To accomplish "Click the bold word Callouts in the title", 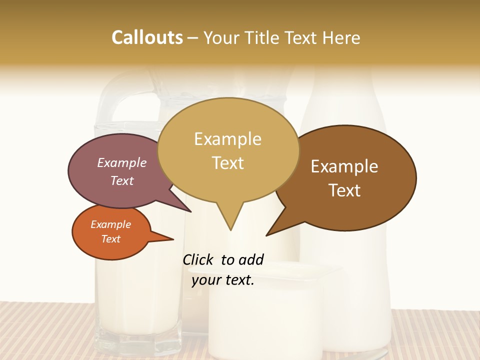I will [x=147, y=37].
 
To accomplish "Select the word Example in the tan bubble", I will [x=227, y=139].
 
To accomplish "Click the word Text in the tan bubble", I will [x=227, y=162].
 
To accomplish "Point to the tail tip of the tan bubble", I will [x=230, y=230].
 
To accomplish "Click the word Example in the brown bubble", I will [x=344, y=166].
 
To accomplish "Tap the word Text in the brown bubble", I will [x=344, y=190].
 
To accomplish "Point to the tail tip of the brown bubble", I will [x=266, y=235].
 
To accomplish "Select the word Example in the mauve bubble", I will [x=122, y=162].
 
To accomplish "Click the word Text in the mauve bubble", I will [x=122, y=180].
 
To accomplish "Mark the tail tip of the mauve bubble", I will [x=191, y=211].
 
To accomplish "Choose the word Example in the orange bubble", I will [x=111, y=224].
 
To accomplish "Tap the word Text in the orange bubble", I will [x=111, y=239].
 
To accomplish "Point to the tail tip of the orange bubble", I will [x=173, y=239].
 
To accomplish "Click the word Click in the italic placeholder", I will [x=199, y=259].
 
